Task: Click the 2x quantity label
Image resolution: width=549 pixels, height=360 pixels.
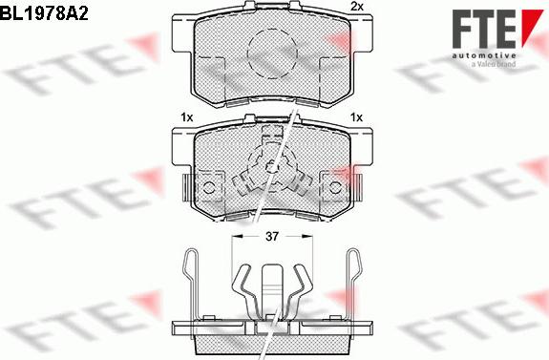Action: tap(357, 8)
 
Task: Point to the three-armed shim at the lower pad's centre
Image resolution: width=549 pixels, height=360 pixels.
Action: tap(274, 169)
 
